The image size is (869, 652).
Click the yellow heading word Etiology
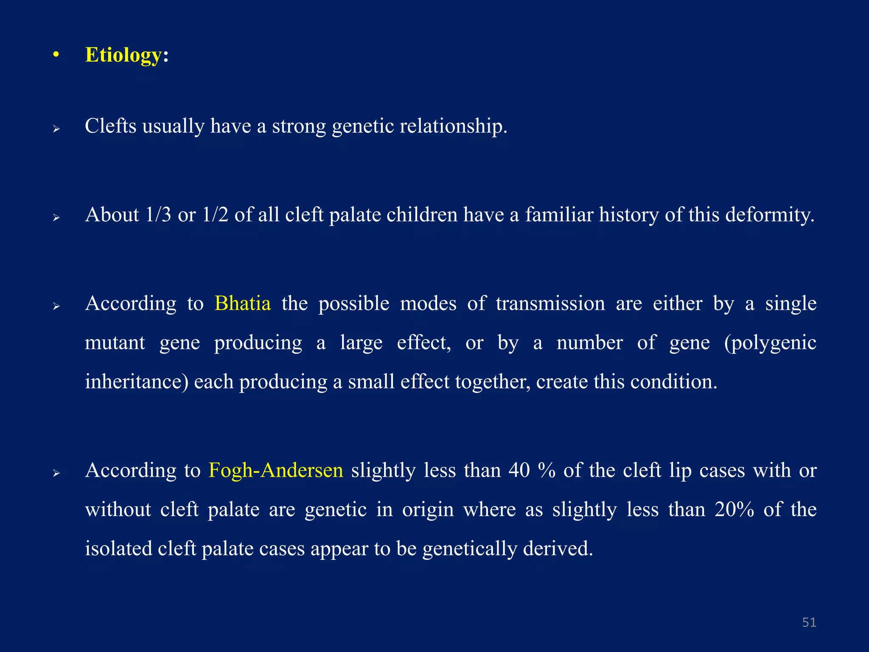[x=123, y=55]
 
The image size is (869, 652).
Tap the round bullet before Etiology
[x=56, y=55]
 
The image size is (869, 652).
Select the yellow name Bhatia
[x=242, y=304]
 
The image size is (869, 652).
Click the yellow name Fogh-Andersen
[x=276, y=470]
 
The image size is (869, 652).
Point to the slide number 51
[x=809, y=622]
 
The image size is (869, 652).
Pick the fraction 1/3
[x=158, y=215]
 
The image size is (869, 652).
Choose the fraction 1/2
[x=215, y=215]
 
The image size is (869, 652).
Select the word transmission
[x=550, y=304]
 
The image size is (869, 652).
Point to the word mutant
[x=115, y=343]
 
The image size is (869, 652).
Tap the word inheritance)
[x=137, y=382]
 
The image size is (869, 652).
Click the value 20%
[x=734, y=509]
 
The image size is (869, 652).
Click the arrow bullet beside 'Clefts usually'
[x=56, y=129]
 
